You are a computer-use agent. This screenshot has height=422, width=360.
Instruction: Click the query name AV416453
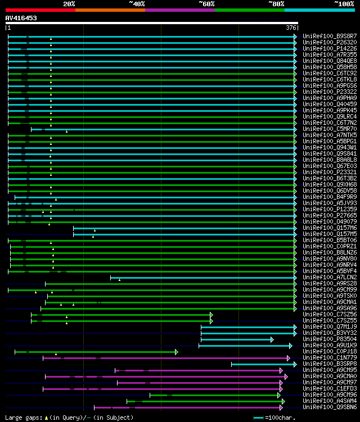21,18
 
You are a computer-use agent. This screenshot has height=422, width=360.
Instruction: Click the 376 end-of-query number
291,28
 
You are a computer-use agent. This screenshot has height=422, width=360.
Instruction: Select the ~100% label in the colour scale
343,3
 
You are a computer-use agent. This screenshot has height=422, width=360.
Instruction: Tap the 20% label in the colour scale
69,3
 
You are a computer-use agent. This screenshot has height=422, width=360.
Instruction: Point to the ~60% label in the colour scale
206,3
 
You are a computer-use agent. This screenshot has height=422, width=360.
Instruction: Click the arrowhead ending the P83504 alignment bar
272,339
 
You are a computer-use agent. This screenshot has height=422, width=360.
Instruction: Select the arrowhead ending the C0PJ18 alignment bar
176,352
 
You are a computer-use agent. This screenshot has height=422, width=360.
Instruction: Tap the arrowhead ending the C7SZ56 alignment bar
211,315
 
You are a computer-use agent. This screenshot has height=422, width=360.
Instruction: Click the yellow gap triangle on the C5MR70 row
66,131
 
